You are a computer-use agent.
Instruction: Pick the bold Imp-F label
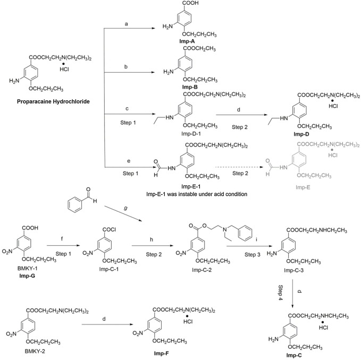coord(183,350)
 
